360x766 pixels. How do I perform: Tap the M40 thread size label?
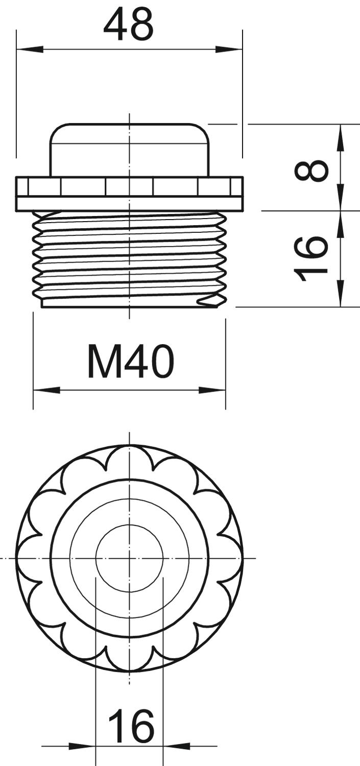click(x=131, y=362)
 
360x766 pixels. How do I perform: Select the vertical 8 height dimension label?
click(x=311, y=171)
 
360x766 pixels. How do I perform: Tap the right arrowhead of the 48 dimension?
click(x=229, y=50)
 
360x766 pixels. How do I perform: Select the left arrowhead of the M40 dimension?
click(x=46, y=390)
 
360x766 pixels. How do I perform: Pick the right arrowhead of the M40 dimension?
click(x=212, y=390)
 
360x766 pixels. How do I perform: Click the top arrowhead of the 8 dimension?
click(x=341, y=138)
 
